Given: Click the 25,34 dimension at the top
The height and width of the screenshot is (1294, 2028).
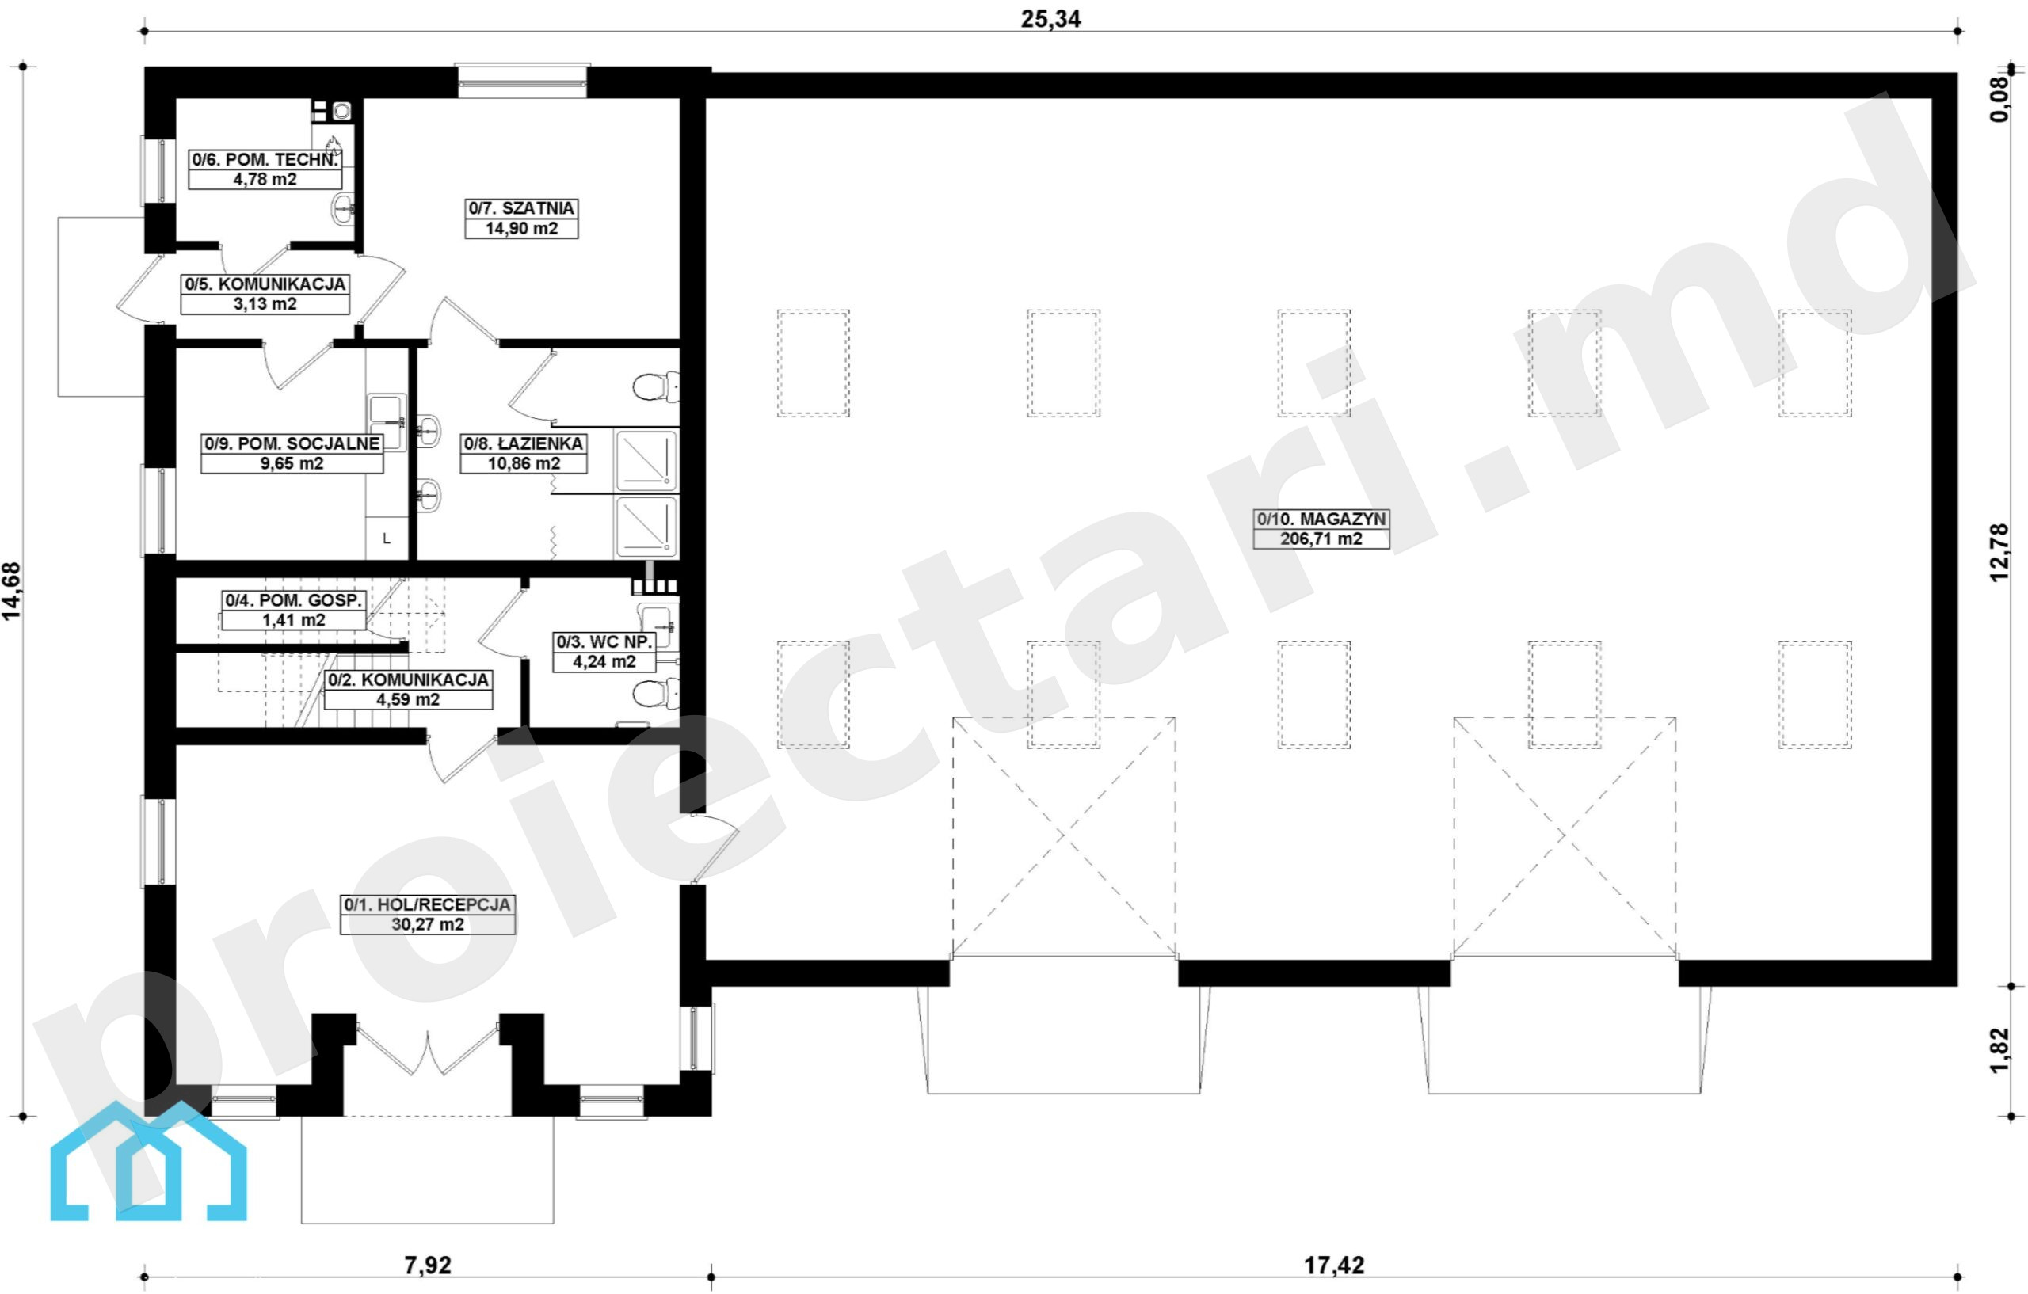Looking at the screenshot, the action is pyautogui.click(x=1050, y=18).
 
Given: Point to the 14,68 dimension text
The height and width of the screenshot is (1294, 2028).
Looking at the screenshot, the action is pyautogui.click(x=12, y=591).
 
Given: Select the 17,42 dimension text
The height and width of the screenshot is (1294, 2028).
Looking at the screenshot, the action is pyautogui.click(x=1334, y=1265).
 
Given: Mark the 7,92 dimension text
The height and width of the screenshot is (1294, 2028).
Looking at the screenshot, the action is pyautogui.click(x=428, y=1265).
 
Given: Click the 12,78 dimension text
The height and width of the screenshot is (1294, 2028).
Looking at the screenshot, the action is pyautogui.click(x=1999, y=552).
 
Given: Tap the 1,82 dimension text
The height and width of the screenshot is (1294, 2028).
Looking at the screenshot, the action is pyautogui.click(x=1999, y=1050).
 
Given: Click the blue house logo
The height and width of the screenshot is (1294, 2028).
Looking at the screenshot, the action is pyautogui.click(x=149, y=1161).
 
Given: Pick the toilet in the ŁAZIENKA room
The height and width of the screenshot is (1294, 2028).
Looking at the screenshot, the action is pyautogui.click(x=655, y=387).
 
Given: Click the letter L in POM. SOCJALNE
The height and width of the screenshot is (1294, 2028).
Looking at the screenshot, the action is pyautogui.click(x=387, y=538).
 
